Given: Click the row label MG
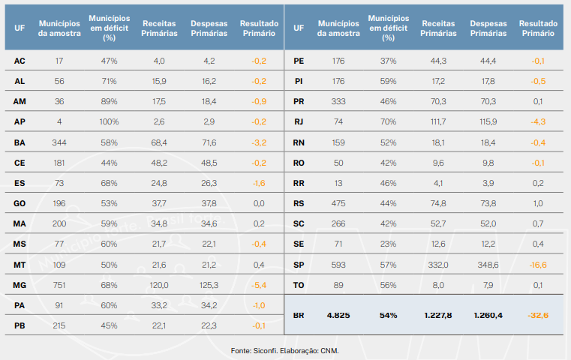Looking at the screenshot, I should point(20,284).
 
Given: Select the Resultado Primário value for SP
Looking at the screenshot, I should point(537,264).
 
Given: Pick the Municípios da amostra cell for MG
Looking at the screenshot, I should point(59,284).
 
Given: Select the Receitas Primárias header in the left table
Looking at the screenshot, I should point(158,28).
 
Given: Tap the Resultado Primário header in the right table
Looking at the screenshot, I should point(537,28).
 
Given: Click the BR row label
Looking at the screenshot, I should point(299,316).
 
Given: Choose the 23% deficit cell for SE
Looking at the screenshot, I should point(387,244).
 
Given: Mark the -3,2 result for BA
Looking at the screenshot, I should point(258,142).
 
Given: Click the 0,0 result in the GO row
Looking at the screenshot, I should point(258,202).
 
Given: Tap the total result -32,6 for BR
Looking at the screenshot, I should point(537,316).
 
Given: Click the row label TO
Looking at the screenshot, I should point(299,284).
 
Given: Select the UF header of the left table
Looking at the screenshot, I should point(20,28).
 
